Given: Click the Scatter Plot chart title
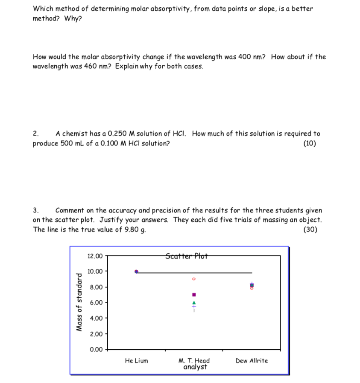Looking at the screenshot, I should (x=186, y=256).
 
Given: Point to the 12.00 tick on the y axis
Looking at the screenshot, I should (x=94, y=256).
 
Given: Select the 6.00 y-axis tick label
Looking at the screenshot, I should (x=94, y=303).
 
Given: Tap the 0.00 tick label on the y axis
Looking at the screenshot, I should (x=94, y=350).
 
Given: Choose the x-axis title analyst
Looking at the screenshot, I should (x=195, y=367).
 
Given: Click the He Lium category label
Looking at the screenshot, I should (x=136, y=361).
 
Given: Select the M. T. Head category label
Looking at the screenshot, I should (x=194, y=361).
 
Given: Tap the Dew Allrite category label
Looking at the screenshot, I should (x=252, y=361).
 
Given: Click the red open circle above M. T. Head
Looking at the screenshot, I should (x=194, y=279).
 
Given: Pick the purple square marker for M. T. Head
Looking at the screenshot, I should (x=194, y=295).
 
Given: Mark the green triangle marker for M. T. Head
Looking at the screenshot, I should (x=194, y=303).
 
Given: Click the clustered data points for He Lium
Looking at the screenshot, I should (x=136, y=272).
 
